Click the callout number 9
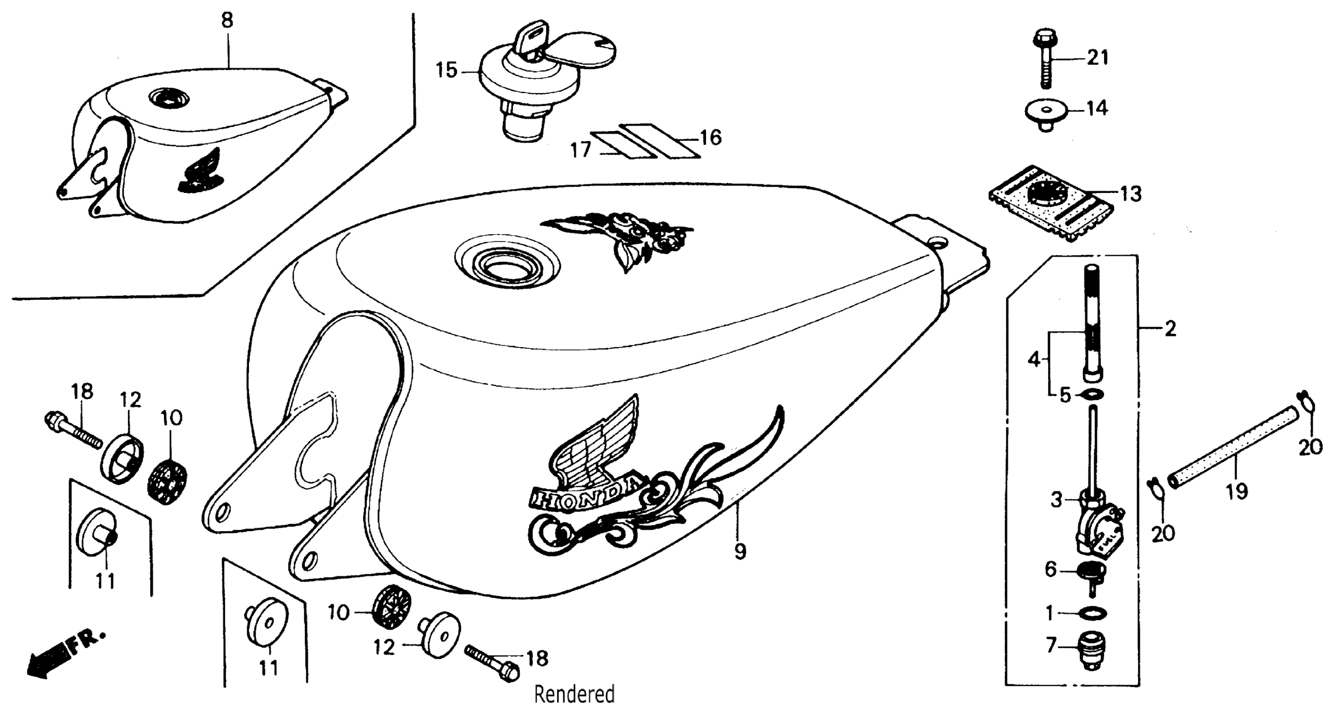coord(740,551)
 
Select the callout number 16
coord(710,137)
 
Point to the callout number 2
coord(1170,329)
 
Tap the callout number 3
coord(1057,500)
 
